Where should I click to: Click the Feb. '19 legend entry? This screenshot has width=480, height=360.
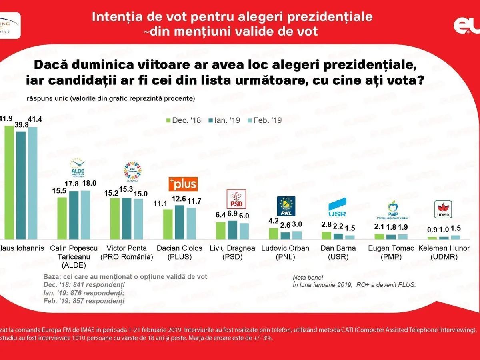(265, 120)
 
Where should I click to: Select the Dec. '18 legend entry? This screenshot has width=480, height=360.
(185, 120)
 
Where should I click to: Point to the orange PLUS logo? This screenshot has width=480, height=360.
(182, 184)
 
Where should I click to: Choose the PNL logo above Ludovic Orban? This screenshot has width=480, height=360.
(286, 206)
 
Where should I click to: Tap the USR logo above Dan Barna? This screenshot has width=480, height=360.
(337, 207)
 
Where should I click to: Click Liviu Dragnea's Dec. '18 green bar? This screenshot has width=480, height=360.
(221, 230)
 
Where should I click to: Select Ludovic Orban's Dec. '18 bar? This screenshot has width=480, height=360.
(274, 233)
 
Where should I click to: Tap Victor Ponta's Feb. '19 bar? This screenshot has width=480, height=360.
(138, 219)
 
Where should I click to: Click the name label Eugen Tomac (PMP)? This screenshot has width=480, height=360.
(391, 252)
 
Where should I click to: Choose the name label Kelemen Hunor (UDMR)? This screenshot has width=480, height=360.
(444, 252)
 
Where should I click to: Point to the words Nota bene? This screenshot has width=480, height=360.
(308, 277)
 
